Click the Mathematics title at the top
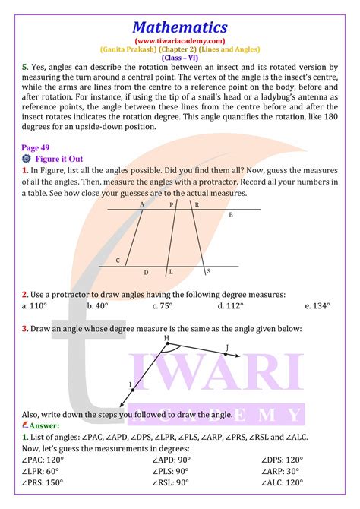tap(179, 27)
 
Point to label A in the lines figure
tap(142, 204)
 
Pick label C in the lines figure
tap(118, 261)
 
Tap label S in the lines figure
tap(209, 271)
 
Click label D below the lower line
tap(146, 272)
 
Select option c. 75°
tap(162, 305)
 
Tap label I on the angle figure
tap(131, 385)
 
